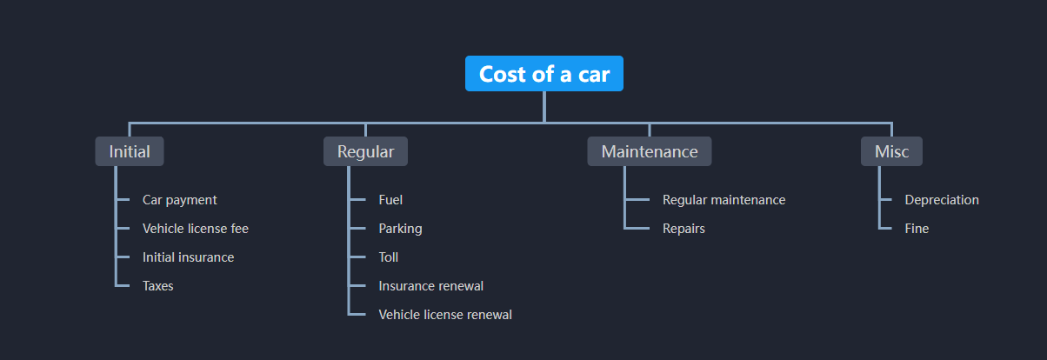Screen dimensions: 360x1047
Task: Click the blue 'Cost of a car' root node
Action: click(544, 74)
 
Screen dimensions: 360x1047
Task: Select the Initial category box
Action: click(130, 151)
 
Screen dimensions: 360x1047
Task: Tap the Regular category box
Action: click(365, 151)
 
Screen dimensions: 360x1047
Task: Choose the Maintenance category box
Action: click(650, 151)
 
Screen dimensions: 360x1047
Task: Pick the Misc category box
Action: click(891, 151)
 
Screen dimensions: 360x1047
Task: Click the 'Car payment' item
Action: click(180, 200)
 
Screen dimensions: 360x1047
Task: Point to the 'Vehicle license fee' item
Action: click(196, 229)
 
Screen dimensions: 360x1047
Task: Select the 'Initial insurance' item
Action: click(188, 257)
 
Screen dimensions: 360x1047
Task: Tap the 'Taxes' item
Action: click(158, 286)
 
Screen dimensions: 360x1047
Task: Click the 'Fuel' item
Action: click(390, 200)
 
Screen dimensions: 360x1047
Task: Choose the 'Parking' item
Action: click(400, 229)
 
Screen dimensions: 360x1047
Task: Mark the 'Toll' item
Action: click(389, 257)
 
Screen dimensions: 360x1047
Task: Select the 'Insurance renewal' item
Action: click(431, 286)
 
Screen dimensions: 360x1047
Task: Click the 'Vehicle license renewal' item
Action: click(445, 315)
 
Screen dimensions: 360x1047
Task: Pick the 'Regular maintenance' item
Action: click(724, 200)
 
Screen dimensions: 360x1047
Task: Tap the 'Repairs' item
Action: click(684, 229)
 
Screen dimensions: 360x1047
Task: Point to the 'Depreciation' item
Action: click(942, 200)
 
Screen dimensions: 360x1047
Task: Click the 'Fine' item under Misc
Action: click(917, 229)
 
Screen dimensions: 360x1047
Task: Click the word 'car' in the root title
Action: click(594, 75)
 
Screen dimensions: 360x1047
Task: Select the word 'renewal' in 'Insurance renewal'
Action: click(460, 286)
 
